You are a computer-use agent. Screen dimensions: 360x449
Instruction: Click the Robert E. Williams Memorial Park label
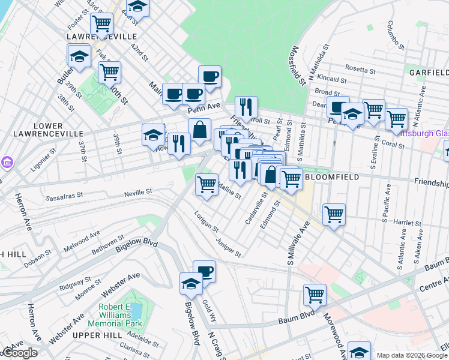point(121,314)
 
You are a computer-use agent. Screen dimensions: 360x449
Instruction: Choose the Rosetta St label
point(361,69)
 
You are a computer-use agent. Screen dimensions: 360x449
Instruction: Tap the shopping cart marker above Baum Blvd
point(315,294)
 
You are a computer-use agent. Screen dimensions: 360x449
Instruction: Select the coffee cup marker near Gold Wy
point(204,271)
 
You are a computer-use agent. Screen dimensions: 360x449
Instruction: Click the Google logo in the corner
point(19,353)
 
